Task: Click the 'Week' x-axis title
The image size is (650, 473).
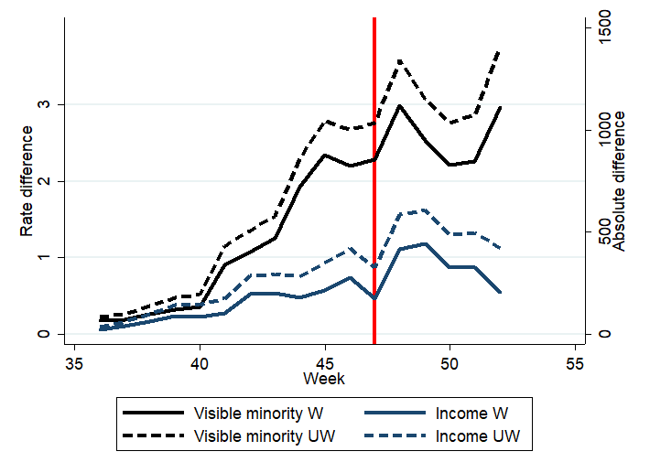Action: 324,378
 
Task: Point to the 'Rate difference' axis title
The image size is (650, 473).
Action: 27,180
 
